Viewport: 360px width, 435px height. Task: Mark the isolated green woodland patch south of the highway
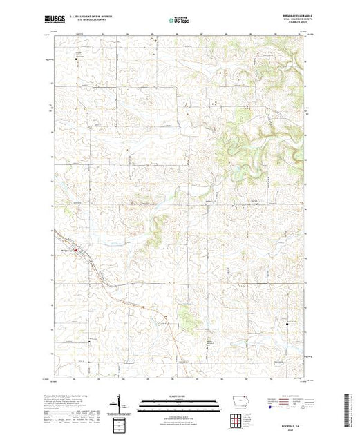[x=185, y=315]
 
